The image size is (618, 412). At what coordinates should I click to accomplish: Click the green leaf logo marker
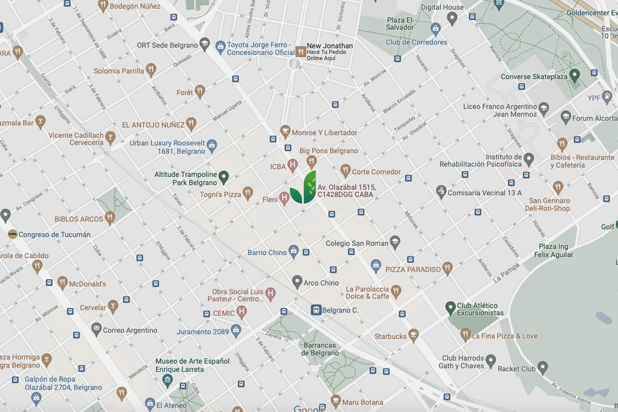304,188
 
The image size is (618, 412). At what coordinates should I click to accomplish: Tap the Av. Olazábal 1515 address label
346,191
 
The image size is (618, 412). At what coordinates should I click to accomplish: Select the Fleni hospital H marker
284,198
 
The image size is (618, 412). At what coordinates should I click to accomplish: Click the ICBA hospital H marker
292,165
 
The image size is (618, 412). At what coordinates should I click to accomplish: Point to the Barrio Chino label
267,253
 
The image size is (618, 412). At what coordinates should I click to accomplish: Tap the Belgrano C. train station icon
316,310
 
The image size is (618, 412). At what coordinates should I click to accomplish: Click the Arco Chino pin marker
297,281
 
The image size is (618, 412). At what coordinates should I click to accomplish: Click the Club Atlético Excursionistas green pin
450,308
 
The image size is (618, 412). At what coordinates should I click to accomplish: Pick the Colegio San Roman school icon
395,242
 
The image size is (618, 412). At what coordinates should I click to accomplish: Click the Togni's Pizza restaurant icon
248,193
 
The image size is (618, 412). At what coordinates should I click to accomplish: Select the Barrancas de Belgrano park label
320,349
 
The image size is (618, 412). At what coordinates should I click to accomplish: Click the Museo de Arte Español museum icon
167,380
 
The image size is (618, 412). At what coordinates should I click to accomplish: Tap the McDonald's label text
87,284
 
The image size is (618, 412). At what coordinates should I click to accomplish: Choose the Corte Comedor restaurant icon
345,170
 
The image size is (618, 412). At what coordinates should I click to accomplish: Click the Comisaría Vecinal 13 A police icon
441,191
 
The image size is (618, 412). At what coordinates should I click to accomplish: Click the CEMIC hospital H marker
241,311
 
